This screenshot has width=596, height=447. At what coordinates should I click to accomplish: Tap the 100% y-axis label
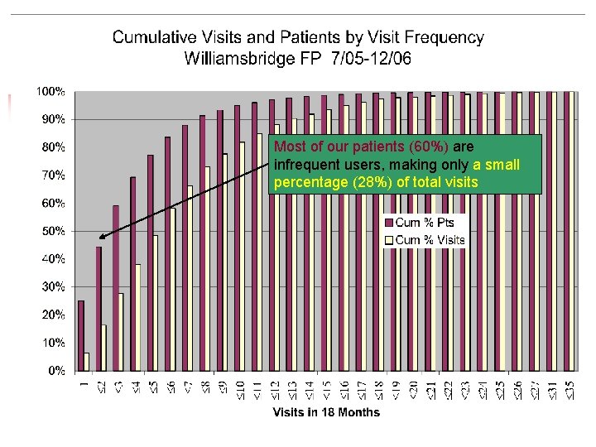tap(51, 92)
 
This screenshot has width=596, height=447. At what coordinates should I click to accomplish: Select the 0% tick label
tap(55, 370)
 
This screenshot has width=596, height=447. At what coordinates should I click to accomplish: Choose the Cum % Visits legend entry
tap(424, 240)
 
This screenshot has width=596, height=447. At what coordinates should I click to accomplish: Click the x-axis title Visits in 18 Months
tap(327, 412)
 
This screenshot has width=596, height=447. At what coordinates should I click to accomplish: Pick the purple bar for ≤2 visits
tap(99, 308)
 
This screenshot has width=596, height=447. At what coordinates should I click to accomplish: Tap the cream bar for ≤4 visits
tap(138, 317)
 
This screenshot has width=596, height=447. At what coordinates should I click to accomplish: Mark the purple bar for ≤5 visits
tap(151, 262)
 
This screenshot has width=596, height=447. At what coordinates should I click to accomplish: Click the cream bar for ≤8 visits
tap(208, 268)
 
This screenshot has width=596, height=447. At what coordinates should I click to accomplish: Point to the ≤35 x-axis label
tap(569, 387)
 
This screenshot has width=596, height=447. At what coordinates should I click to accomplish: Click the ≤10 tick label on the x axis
tap(241, 387)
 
